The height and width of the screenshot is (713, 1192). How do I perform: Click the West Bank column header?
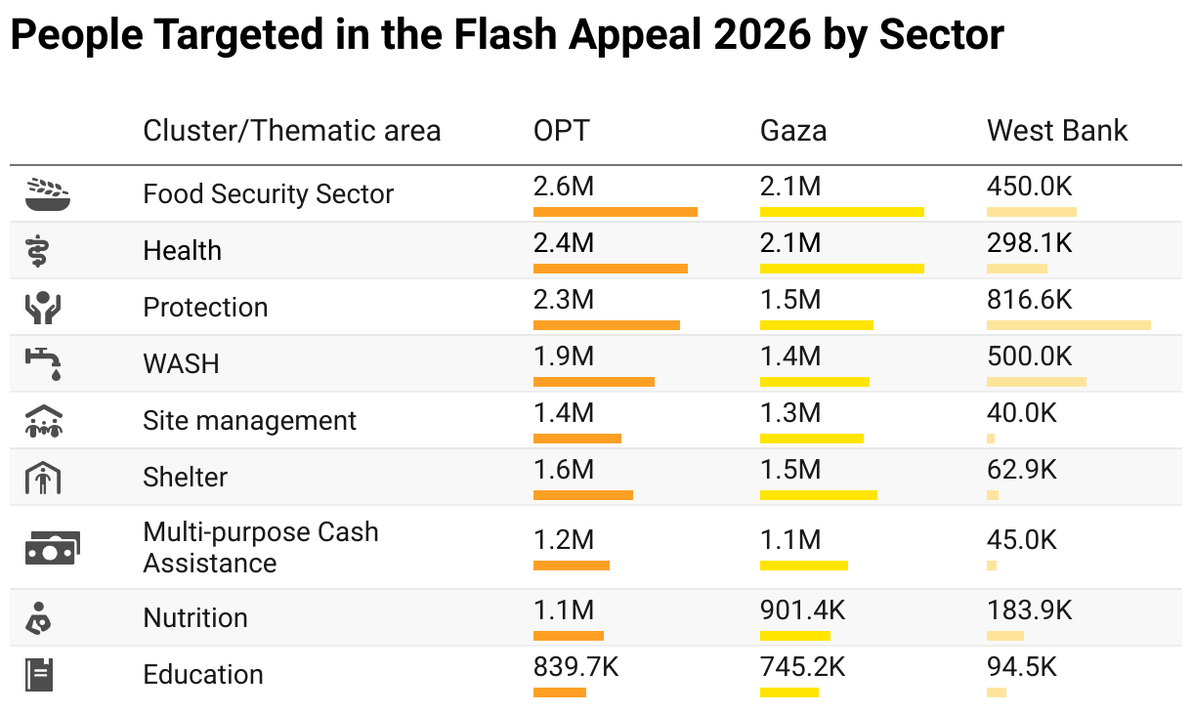[1057, 131]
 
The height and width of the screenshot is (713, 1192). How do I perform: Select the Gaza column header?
[793, 131]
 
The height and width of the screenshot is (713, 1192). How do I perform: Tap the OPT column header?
[562, 131]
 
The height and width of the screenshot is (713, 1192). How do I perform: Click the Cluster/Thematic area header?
[291, 131]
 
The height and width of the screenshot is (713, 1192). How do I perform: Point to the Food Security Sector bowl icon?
[48, 194]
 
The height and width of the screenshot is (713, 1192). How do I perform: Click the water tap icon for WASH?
[44, 363]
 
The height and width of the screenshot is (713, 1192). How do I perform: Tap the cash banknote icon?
[52, 548]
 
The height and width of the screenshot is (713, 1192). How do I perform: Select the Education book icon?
[40, 675]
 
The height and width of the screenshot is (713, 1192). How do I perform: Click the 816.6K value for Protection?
[1030, 299]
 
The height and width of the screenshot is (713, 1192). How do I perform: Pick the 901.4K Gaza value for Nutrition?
[802, 610]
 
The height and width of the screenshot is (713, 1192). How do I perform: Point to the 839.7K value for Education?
[575, 667]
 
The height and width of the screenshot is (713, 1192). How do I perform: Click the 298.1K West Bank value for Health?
[1030, 242]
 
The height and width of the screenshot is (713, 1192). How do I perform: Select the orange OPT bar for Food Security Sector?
[616, 212]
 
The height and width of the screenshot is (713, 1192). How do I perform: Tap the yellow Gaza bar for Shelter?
[819, 495]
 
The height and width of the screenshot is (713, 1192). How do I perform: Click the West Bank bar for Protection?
[1069, 325]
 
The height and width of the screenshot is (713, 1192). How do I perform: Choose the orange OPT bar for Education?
[560, 692]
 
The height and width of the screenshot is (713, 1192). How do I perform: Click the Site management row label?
[250, 421]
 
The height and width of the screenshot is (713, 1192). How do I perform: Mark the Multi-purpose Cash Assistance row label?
[260, 548]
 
